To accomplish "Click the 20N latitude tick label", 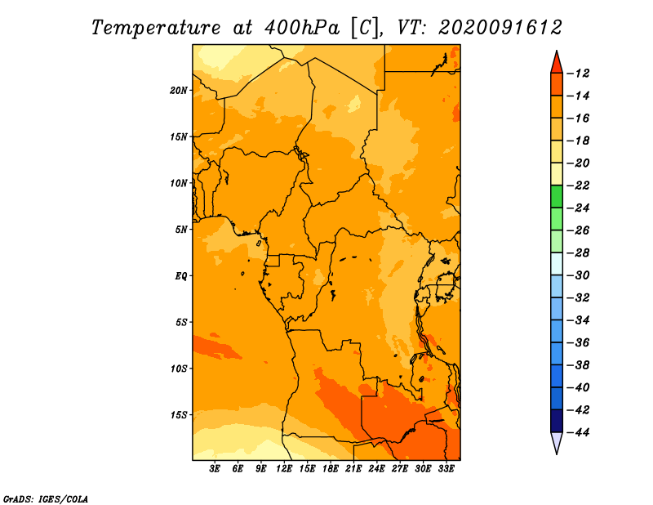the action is click(x=179, y=91).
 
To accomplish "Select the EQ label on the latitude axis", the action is click(x=181, y=276).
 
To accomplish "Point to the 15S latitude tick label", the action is click(x=179, y=415).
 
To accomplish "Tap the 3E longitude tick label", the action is click(x=215, y=469).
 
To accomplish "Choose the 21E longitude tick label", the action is click(x=353, y=469).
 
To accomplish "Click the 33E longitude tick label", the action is click(x=446, y=469).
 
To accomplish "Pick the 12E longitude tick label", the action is click(x=283, y=469).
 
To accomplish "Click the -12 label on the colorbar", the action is click(x=578, y=74).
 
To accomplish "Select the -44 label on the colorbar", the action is click(x=578, y=432).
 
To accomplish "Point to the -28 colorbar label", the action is click(x=578, y=252).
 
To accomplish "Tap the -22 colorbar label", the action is click(x=578, y=185).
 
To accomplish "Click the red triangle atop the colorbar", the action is click(x=557, y=64).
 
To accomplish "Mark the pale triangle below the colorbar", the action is click(x=557, y=441).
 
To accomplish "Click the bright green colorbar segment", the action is click(x=557, y=197).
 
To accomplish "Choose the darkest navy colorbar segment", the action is click(x=557, y=421).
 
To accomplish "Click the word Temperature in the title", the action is click(x=156, y=28).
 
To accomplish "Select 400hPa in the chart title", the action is click(x=302, y=28).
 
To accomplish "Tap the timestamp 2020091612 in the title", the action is click(x=500, y=28).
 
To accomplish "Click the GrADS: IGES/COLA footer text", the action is click(x=46, y=499).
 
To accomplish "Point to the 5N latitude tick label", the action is click(x=181, y=230).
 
